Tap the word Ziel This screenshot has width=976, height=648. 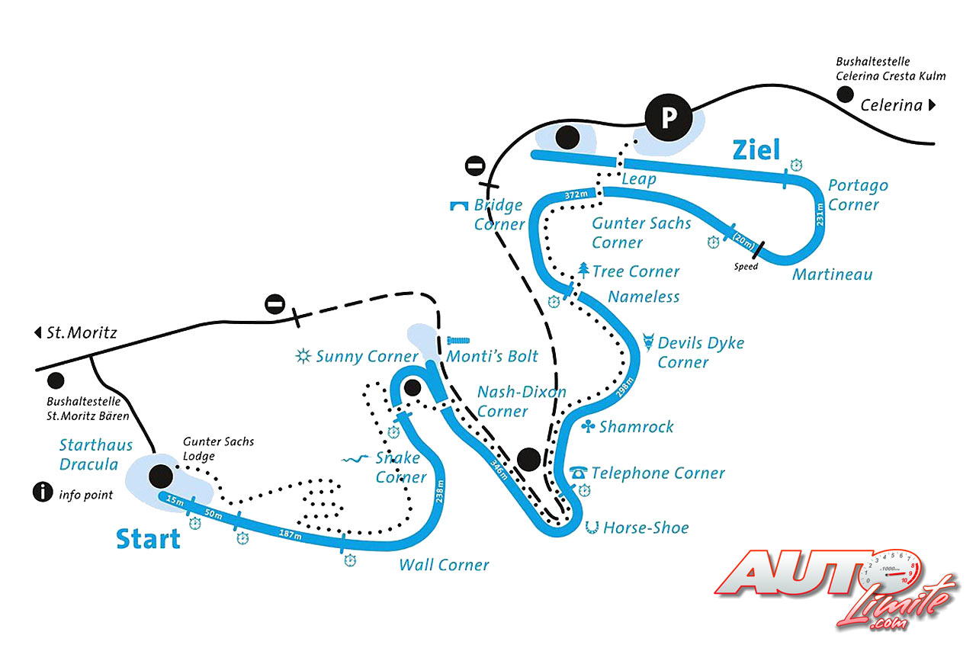756,150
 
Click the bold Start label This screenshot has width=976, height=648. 148,539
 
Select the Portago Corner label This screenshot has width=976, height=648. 858,195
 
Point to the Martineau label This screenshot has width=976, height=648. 831,274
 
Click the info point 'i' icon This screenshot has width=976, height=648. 43,492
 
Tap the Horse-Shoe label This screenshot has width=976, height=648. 645,528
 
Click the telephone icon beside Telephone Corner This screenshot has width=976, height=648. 579,473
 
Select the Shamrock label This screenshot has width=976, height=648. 636,427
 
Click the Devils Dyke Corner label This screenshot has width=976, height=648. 700,352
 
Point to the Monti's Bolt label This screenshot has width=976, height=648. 492,356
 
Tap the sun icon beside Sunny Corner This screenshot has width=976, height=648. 304,356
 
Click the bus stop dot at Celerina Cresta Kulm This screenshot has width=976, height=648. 845,95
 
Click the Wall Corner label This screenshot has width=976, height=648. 444,565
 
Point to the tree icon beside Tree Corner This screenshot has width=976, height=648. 583,269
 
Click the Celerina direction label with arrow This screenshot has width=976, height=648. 897,105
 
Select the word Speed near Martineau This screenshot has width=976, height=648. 746,267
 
